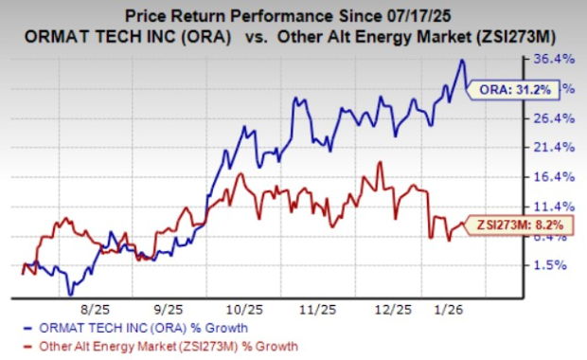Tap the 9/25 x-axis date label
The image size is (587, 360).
168,310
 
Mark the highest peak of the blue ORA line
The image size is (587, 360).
462,61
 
